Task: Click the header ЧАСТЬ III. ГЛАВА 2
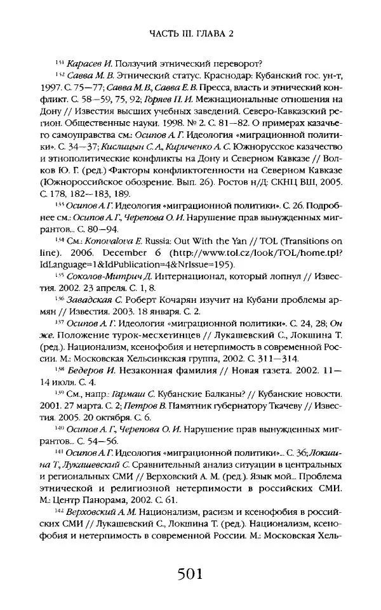point(190,33)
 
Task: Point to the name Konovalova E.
point(116,241)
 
